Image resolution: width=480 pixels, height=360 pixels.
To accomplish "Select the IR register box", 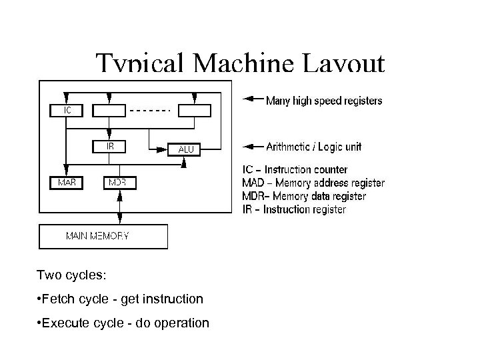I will click(x=109, y=145).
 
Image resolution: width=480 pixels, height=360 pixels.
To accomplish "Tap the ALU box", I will click(x=185, y=149).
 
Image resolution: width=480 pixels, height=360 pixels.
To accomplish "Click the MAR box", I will click(x=66, y=181).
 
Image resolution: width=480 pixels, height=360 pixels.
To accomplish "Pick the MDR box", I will click(x=119, y=181).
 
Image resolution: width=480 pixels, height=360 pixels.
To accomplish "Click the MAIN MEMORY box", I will click(x=103, y=236).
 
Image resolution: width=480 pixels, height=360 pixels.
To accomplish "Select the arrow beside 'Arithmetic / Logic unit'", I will click(x=251, y=146).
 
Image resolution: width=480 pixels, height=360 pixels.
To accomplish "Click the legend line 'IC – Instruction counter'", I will click(x=294, y=170).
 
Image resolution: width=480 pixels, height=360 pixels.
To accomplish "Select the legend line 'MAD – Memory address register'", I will click(x=313, y=183).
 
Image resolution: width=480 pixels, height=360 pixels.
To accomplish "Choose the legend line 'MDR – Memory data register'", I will click(x=303, y=197).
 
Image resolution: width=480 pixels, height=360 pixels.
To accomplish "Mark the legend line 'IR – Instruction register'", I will click(x=293, y=209).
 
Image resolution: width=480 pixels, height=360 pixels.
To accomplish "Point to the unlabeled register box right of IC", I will click(x=109, y=111).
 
